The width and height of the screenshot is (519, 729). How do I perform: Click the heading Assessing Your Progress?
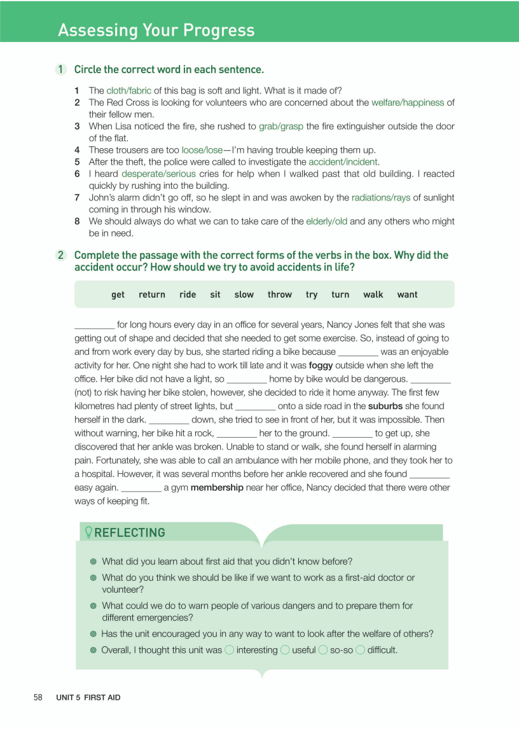[156, 30]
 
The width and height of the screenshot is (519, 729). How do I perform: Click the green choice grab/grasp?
[281, 127]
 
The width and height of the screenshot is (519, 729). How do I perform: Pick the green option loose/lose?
[202, 150]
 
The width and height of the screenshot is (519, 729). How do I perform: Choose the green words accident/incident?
[343, 162]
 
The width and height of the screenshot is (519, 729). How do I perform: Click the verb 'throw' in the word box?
[280, 295]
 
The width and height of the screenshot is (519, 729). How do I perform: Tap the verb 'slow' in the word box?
[244, 295]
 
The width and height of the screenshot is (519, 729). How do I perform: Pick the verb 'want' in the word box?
[407, 295]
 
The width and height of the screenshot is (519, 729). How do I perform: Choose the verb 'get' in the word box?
[118, 295]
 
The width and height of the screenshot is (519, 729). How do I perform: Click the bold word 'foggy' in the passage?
[321, 365]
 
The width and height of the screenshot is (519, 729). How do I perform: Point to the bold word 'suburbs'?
[385, 406]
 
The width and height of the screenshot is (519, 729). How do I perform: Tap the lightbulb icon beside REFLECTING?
[88, 532]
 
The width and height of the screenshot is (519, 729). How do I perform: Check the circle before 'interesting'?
[229, 649]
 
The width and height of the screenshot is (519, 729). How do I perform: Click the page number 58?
[38, 697]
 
